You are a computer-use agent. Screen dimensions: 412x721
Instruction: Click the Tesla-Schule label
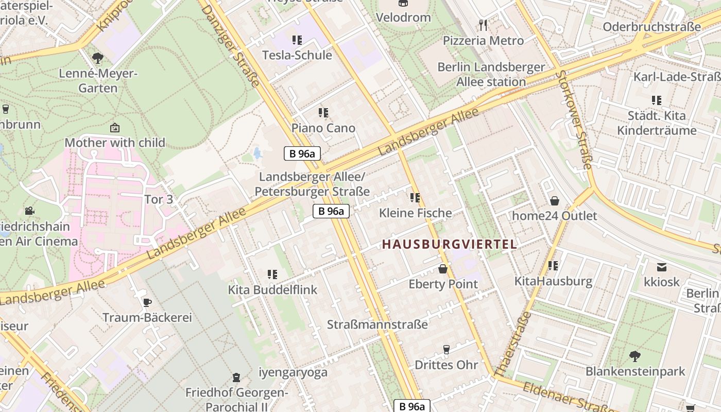[x=297, y=55]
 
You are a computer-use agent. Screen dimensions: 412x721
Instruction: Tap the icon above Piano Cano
[x=323, y=112]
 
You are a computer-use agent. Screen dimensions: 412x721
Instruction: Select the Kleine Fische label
[x=416, y=213]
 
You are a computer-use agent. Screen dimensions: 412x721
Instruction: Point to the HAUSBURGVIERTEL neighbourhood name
[x=449, y=245]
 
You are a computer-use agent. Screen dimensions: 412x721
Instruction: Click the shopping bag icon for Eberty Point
[x=442, y=269]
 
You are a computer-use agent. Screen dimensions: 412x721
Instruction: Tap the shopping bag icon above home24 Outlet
[x=555, y=200]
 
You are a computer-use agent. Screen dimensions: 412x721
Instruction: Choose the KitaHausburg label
[x=553, y=281]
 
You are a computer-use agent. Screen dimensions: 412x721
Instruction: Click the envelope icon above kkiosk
[x=662, y=267]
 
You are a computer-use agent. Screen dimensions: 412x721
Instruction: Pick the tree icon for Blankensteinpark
[x=635, y=355]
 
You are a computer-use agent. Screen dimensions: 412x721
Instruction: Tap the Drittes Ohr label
[x=446, y=365]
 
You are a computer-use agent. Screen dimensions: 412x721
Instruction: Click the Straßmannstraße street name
[x=377, y=324]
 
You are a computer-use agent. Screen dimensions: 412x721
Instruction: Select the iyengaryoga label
[x=293, y=372]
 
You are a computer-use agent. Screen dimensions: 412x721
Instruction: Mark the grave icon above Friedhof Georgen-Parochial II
[x=236, y=377]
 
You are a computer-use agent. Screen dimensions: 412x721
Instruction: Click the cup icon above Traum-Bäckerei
[x=147, y=302]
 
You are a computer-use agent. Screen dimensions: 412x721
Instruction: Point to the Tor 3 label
[x=158, y=199]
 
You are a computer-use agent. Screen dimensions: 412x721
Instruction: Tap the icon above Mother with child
[x=115, y=127]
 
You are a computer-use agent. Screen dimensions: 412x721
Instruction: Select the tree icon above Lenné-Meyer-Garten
[x=98, y=58]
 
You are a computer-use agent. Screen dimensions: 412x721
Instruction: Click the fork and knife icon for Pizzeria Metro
[x=483, y=25]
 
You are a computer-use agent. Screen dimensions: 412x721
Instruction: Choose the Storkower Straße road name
[x=573, y=119]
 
